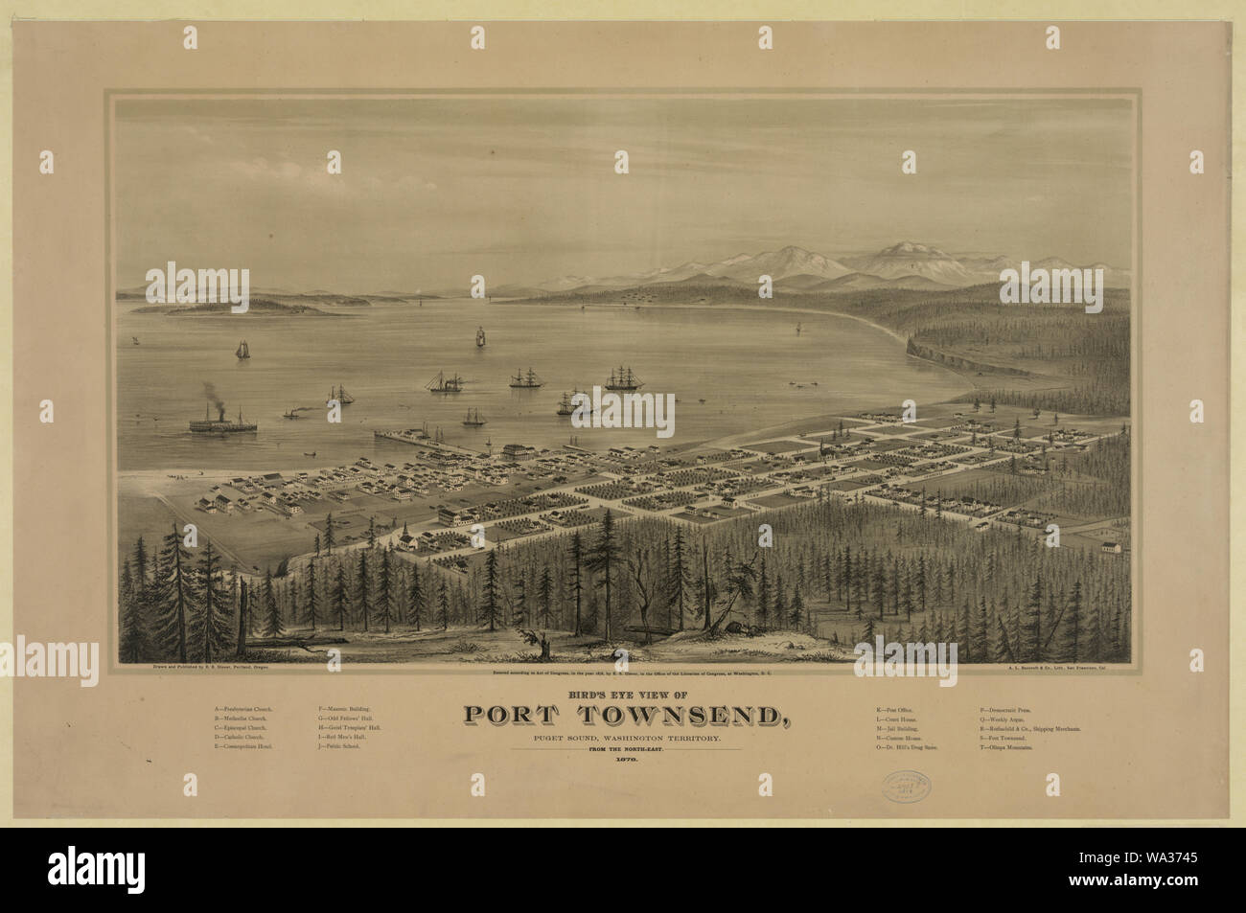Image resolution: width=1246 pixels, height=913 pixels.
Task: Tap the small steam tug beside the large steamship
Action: click(x=290, y=415)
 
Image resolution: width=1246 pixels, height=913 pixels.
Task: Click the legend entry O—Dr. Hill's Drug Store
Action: click(x=911, y=744)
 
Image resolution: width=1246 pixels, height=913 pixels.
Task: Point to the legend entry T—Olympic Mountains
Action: click(x=1006, y=744)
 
